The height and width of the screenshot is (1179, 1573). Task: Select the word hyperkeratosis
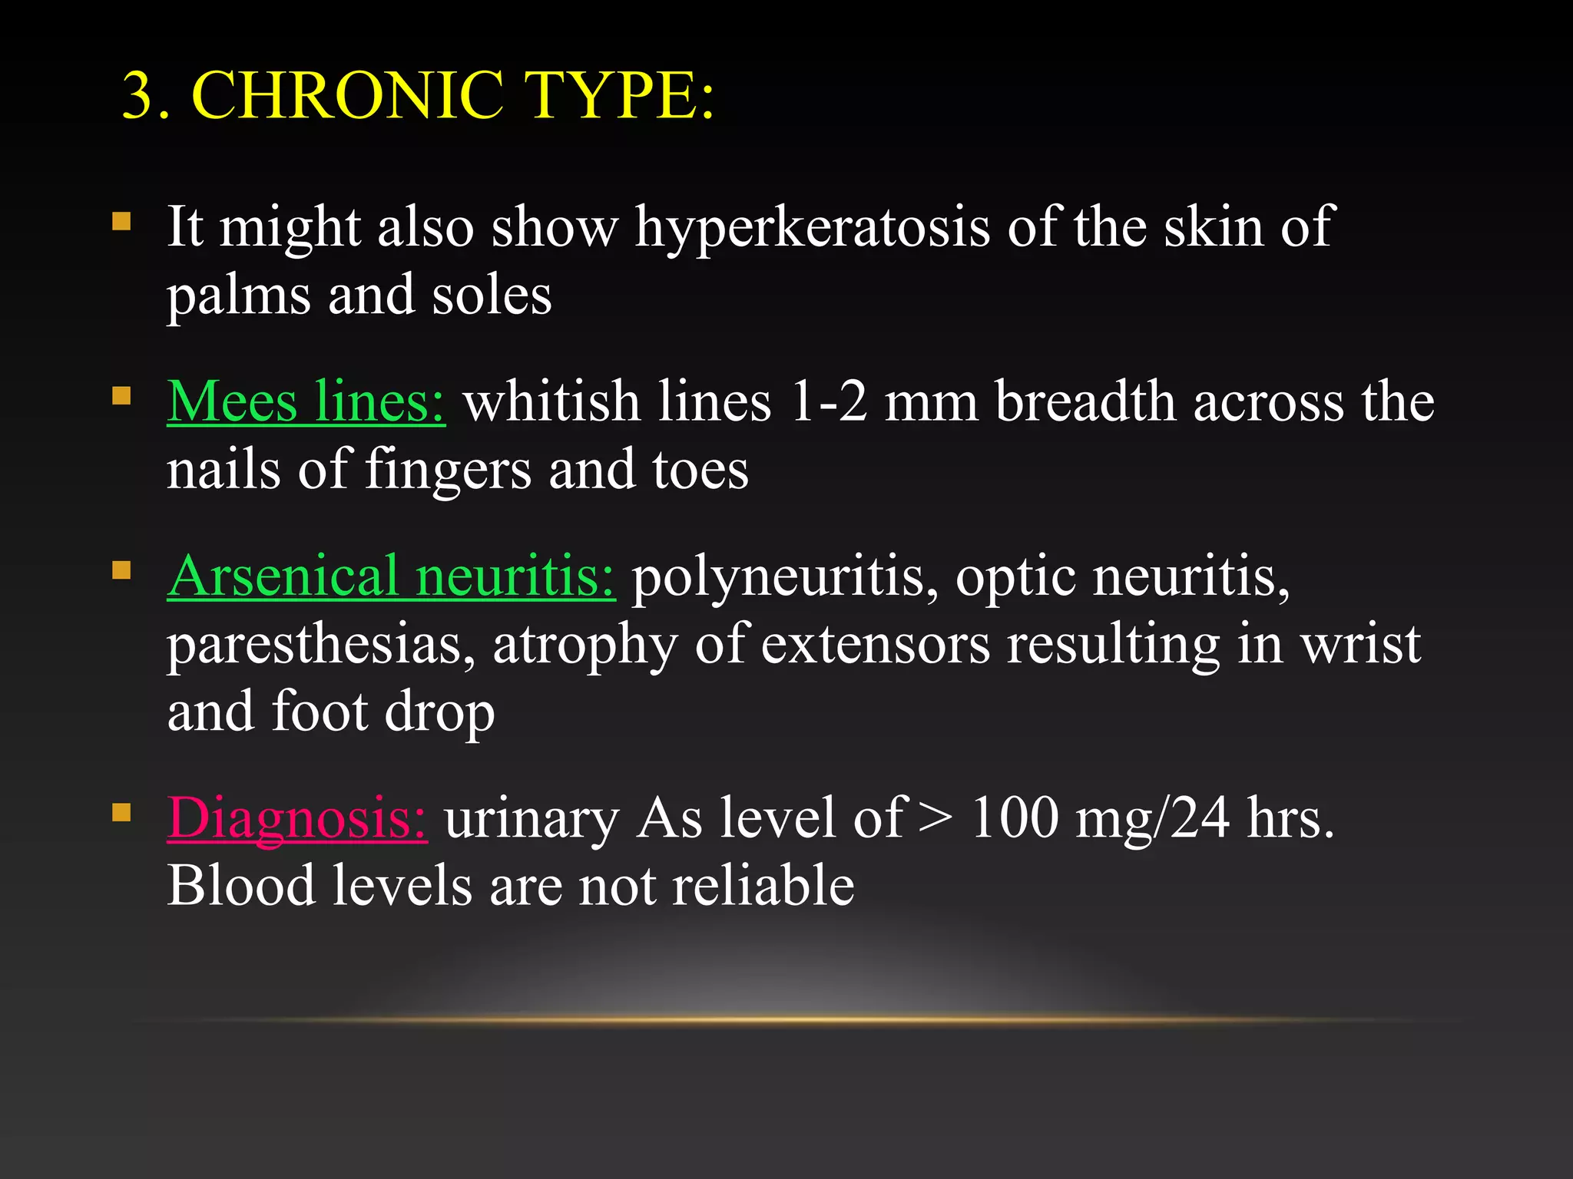pos(812,229)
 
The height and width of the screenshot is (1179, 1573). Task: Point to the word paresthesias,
pos(321,645)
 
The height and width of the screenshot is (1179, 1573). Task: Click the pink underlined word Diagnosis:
pos(296,819)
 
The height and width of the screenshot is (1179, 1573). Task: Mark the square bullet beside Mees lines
pos(121,396)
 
